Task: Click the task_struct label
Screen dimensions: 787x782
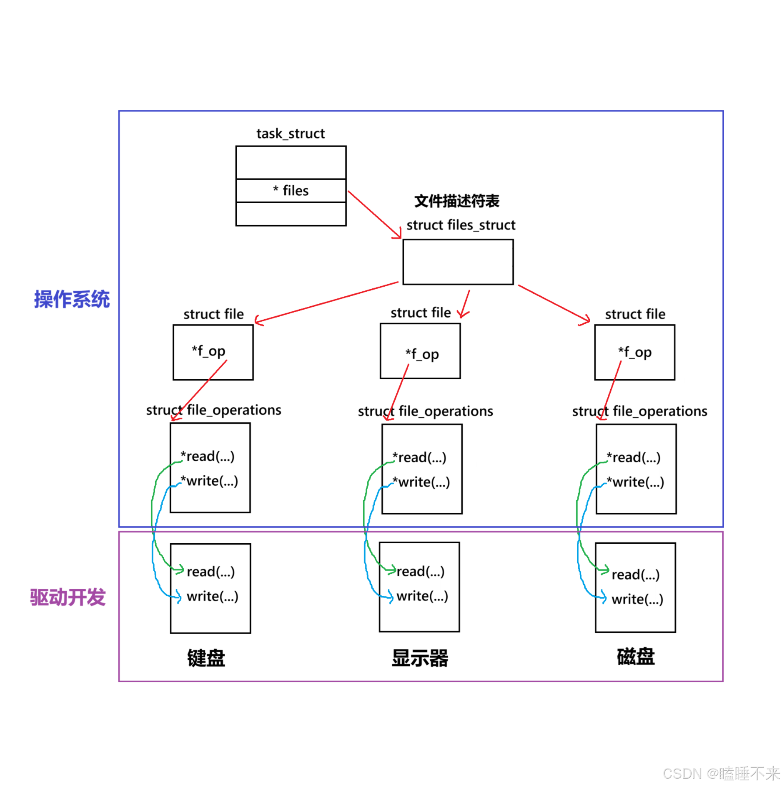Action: [x=290, y=134]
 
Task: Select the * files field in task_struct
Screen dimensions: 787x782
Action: [x=291, y=191]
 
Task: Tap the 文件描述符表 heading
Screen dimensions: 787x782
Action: [x=456, y=201]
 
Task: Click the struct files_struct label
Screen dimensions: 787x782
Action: [x=461, y=225]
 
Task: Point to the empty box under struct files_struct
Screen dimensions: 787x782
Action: [x=458, y=262]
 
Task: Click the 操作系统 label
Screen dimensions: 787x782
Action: [x=72, y=300]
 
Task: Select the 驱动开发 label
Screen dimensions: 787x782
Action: [x=68, y=597]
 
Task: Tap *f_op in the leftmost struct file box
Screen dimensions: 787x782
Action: [x=208, y=351]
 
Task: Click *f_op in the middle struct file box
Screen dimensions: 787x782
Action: [x=422, y=354]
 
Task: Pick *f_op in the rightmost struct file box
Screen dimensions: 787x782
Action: [x=634, y=352]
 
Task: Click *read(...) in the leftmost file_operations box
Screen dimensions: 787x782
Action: [x=207, y=456]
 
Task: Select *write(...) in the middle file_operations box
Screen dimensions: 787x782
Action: [x=421, y=482]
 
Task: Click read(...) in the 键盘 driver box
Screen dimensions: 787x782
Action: [x=211, y=572]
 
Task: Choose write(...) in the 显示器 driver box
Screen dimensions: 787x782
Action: [x=422, y=596]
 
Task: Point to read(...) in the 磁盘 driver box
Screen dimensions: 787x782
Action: [x=635, y=575]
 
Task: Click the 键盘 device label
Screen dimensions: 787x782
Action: [x=206, y=658]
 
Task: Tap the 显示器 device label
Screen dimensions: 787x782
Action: [x=420, y=658]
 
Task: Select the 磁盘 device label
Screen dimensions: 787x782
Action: [x=636, y=657]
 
